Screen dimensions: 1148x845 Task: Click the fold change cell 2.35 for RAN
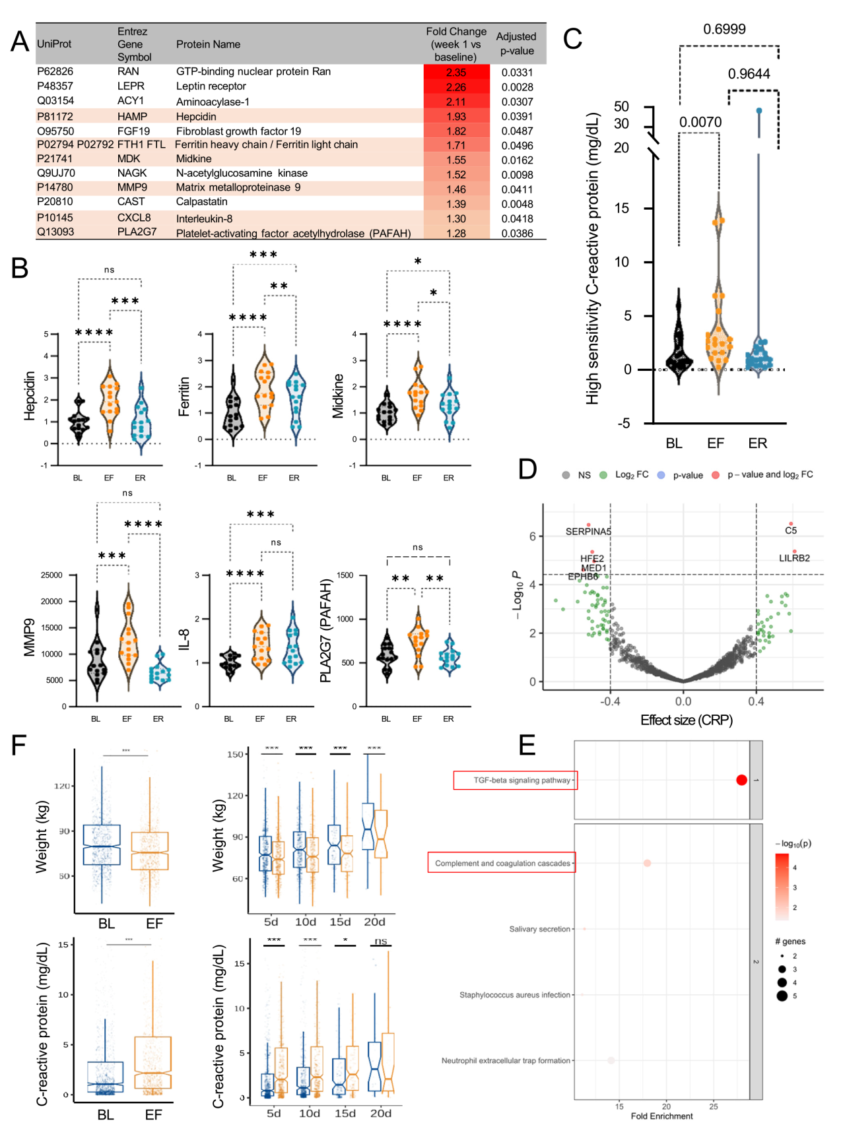click(456, 73)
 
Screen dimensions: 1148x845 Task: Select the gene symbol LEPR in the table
click(131, 86)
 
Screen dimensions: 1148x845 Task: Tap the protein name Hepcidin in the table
click(196, 117)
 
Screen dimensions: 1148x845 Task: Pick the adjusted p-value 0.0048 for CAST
click(517, 204)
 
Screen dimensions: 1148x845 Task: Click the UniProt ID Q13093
click(55, 232)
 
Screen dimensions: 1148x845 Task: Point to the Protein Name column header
click(208, 44)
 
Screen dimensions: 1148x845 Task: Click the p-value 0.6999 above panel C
click(724, 29)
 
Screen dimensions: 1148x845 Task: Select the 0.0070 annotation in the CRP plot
click(700, 122)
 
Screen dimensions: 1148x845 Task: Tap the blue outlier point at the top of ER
click(759, 111)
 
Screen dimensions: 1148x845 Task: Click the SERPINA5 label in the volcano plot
click(588, 532)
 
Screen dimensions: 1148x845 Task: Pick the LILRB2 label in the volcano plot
click(794, 558)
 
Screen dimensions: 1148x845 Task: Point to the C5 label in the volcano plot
click(791, 530)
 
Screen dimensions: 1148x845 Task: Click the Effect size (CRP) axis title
click(687, 720)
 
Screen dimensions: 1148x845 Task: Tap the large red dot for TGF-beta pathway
click(741, 780)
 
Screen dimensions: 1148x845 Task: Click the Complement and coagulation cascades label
click(502, 863)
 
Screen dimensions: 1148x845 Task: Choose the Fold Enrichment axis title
click(661, 1116)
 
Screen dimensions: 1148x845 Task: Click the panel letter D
click(527, 470)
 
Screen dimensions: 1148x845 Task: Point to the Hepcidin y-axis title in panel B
click(30, 396)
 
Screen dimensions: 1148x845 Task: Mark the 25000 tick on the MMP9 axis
click(51, 575)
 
